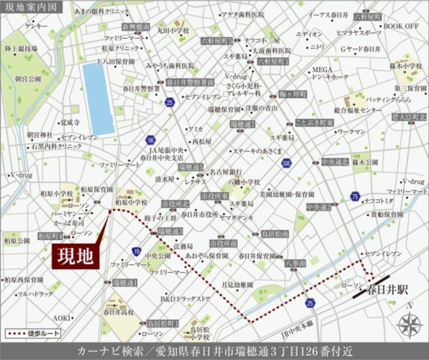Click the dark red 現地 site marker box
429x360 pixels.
(75, 257)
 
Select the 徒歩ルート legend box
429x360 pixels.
(33, 334)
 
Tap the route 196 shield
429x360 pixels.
(150, 140)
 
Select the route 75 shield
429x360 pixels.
(355, 196)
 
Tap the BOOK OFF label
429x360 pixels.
(401, 26)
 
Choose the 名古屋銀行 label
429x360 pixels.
(226, 171)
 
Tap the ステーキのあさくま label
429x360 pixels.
(257, 151)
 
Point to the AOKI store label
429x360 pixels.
(61, 318)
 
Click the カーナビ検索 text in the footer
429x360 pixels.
(103, 351)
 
